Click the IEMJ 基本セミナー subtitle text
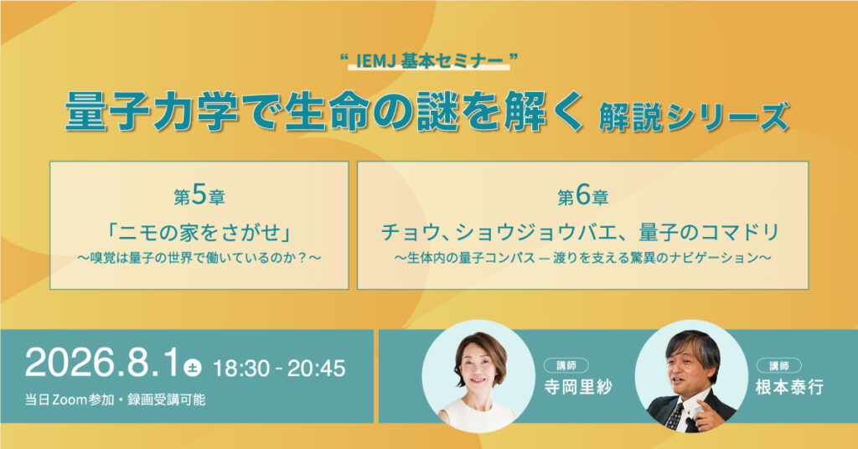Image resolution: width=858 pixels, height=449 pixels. tap(429, 60)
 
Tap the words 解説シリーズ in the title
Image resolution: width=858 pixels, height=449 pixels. tap(694, 116)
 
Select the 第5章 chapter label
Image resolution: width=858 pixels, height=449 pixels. tap(199, 197)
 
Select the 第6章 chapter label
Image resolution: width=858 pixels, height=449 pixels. tap(583, 197)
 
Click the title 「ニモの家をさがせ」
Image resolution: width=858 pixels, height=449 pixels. tap(199, 232)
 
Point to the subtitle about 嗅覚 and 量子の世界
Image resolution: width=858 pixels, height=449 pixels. tap(199, 257)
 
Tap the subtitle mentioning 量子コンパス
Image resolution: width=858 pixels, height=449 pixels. tap(583, 257)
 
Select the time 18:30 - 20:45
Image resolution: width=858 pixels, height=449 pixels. tap(279, 369)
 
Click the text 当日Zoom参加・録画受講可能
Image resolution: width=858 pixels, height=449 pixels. tap(115, 400)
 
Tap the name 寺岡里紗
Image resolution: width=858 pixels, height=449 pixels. tap(578, 387)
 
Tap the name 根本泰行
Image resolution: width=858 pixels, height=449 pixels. tap(789, 387)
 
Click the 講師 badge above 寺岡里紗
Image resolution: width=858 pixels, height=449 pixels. tap(566, 365)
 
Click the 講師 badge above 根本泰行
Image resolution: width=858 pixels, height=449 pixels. tap(778, 365)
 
